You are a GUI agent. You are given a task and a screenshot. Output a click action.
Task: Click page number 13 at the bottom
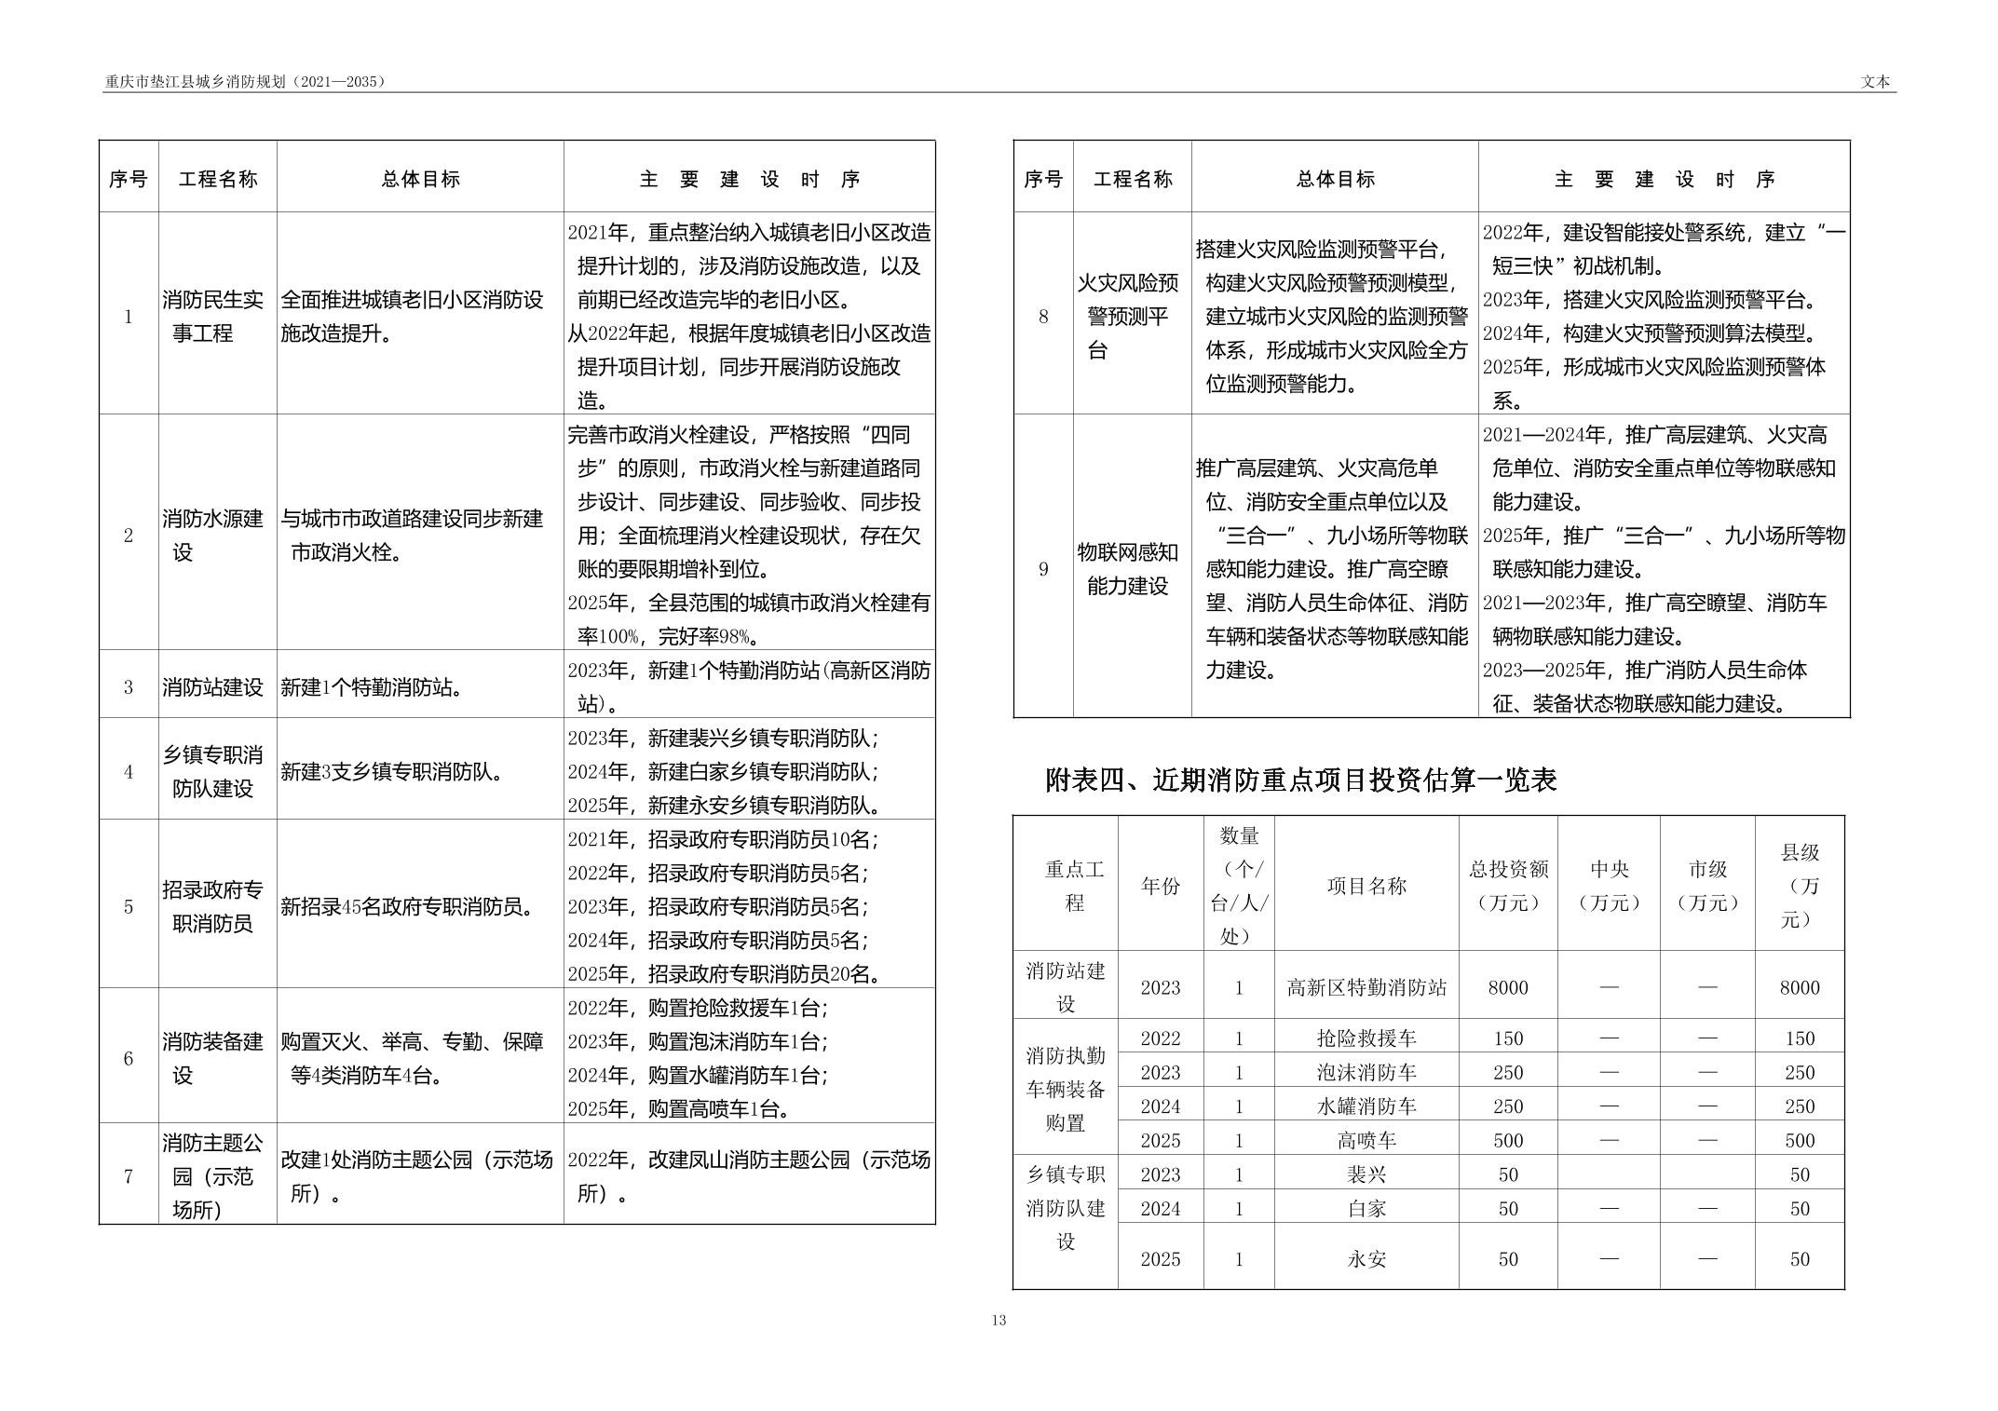[x=999, y=1320]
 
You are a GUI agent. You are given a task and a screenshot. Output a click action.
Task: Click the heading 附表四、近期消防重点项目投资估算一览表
[x=1300, y=780]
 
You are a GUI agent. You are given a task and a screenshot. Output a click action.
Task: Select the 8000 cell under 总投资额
[x=1507, y=988]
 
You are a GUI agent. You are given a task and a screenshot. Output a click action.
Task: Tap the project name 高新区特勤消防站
[x=1366, y=988]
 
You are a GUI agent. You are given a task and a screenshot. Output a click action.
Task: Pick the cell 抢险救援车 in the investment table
[x=1366, y=1038]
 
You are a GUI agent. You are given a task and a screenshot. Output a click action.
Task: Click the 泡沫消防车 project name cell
[x=1366, y=1073]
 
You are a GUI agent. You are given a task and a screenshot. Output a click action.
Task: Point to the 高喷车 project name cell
[x=1366, y=1141]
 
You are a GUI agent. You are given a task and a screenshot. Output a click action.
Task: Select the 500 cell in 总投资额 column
[x=1507, y=1141]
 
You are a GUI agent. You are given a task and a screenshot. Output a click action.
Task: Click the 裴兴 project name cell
[x=1366, y=1175]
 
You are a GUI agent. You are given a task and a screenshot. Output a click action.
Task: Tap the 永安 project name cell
[x=1366, y=1259]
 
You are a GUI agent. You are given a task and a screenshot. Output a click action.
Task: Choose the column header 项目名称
[x=1366, y=886]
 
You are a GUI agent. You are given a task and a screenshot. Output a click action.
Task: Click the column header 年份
[x=1161, y=886]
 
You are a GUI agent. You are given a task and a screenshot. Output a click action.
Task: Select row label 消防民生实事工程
[x=212, y=317]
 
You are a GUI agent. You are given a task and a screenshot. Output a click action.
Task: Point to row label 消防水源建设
[x=212, y=536]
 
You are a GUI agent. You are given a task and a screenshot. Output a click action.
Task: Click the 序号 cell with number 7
[x=129, y=1176]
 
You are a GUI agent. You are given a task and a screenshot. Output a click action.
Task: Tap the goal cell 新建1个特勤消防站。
[x=373, y=688]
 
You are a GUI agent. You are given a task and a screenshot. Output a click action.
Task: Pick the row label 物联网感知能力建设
[x=1127, y=569]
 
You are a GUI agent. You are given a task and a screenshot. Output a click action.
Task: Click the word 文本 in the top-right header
[x=1875, y=82]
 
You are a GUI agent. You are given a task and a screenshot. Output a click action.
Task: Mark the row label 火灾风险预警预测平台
[x=1127, y=317]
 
